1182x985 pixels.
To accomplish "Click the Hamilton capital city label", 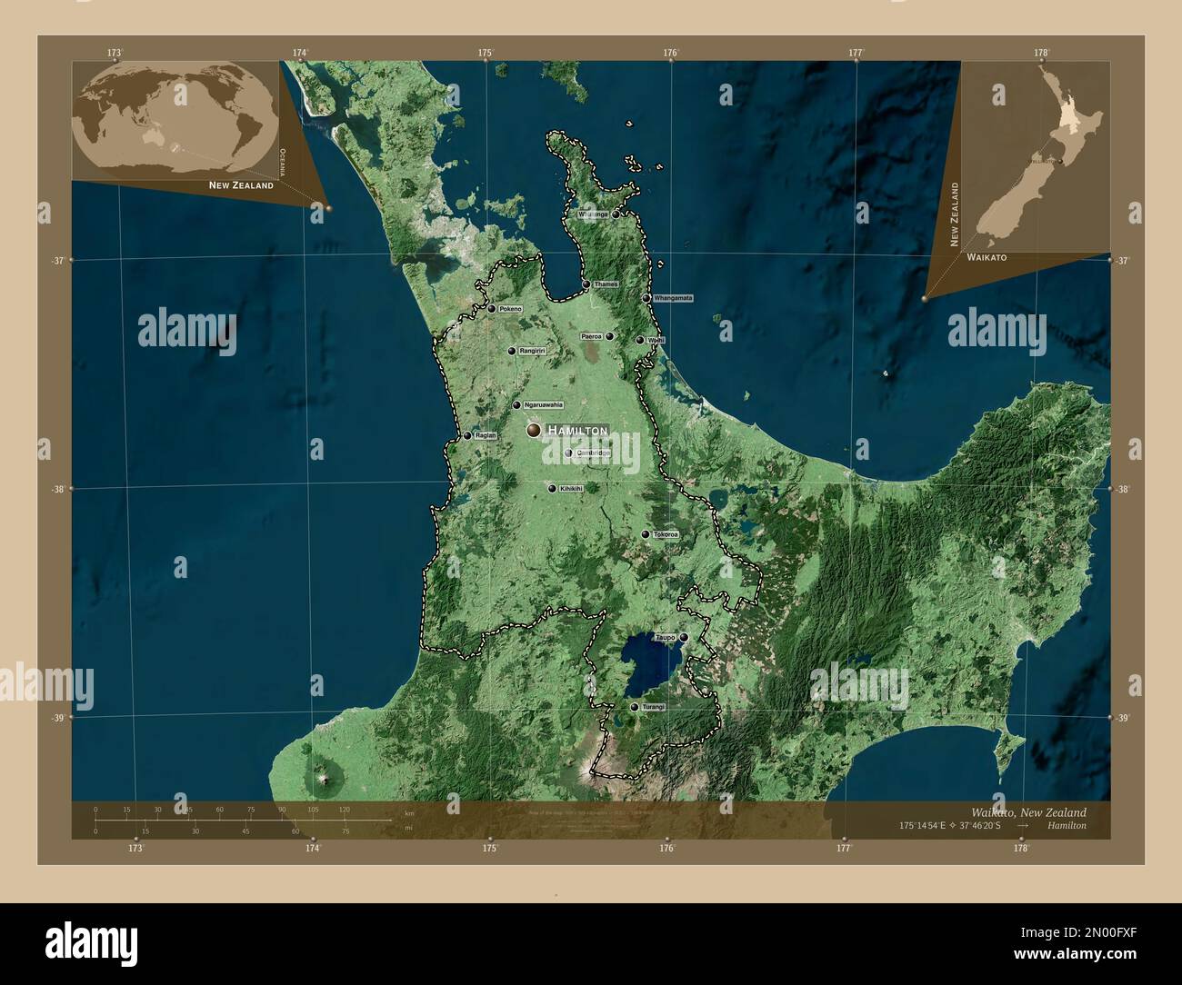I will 578,430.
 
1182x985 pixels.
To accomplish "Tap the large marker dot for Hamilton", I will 534,430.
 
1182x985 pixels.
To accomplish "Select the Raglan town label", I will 486,435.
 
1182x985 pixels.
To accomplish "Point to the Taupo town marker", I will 684,638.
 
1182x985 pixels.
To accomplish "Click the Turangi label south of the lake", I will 654,707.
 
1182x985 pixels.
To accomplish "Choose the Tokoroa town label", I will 666,534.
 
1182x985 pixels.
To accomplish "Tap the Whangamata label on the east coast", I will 673,298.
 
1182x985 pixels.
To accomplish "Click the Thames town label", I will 606,284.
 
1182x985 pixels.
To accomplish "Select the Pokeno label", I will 510,309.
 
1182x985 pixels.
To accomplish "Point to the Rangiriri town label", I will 531,351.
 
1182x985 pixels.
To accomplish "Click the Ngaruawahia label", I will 543,405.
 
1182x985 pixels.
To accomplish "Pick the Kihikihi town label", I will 571,488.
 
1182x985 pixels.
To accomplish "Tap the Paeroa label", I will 592,336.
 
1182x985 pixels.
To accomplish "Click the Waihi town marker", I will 640,340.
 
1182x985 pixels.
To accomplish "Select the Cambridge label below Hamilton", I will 593,453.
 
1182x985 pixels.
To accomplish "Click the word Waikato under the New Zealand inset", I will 987,258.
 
